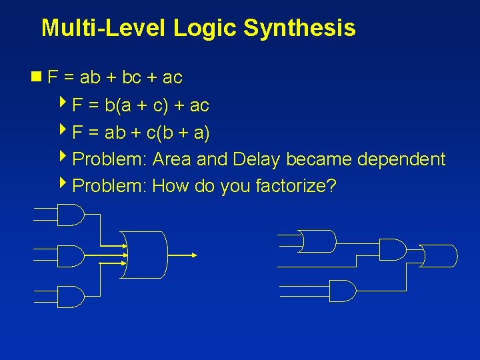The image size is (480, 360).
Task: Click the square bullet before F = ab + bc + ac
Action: [41, 77]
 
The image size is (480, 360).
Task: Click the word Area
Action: [173, 159]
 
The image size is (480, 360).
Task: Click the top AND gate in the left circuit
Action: [71, 215]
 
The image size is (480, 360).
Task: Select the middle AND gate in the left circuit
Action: [71, 255]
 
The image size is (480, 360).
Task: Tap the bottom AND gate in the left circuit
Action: [71, 297]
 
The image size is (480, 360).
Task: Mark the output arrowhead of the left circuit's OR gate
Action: [194, 255]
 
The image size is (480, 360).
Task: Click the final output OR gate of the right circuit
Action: [440, 255]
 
